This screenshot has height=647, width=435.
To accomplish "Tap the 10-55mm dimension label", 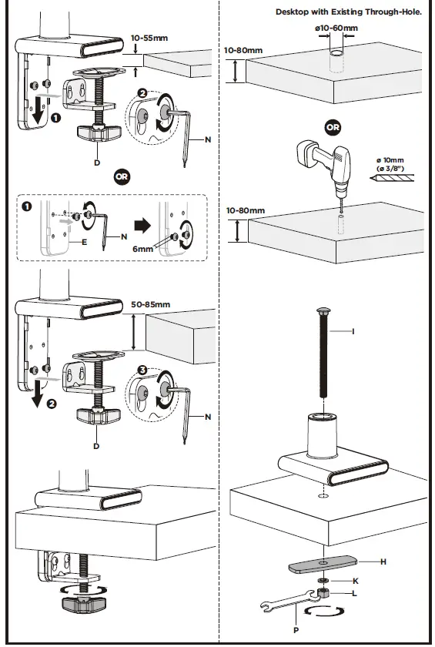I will (150, 37).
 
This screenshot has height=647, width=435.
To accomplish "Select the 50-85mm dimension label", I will (151, 305).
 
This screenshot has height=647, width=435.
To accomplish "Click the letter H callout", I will (383, 562).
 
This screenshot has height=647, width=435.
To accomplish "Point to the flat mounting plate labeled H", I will (322, 564).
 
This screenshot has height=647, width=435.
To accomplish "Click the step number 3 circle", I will (142, 369).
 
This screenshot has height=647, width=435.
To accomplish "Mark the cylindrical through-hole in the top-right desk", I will (336, 62).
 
